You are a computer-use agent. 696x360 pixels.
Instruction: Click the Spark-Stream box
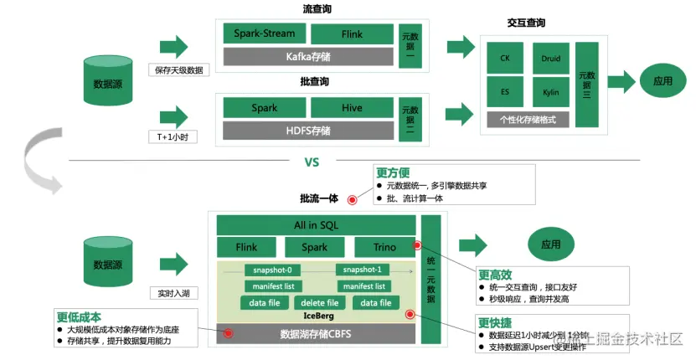(264, 34)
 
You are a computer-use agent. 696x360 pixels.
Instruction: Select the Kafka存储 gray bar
(307, 57)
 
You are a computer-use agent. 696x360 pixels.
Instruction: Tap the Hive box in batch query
(352, 108)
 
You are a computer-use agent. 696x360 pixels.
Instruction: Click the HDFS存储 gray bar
(307, 131)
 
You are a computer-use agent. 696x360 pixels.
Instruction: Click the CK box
(505, 59)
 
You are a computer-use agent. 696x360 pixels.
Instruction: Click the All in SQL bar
(317, 225)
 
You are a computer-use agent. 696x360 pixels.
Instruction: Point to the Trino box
(384, 248)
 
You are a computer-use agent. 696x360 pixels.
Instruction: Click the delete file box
(319, 302)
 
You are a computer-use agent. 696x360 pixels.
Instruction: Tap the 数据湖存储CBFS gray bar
(317, 334)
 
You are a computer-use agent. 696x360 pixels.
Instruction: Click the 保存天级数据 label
(178, 70)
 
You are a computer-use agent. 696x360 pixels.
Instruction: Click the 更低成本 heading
(80, 317)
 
